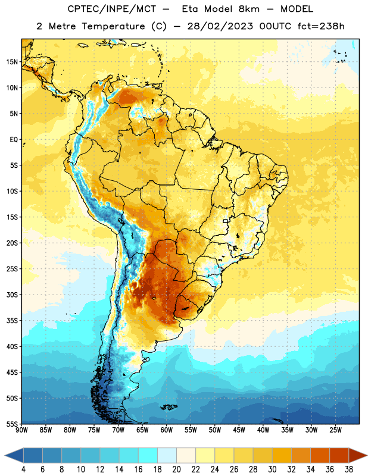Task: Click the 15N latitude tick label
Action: click(12, 62)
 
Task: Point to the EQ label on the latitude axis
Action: click(14, 140)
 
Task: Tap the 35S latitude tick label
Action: click(12, 321)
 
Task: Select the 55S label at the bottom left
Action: click(12, 424)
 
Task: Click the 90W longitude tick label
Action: click(21, 430)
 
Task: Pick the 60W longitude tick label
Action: click(167, 430)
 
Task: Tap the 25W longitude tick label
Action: click(335, 430)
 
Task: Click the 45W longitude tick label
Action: click(239, 430)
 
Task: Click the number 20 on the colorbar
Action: click(176, 469)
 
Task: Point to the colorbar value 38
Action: click(348, 469)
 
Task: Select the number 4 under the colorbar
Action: click(23, 469)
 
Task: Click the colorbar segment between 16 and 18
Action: click(148, 455)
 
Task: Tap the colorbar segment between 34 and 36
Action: click(320, 455)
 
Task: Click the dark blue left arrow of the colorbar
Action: click(14, 455)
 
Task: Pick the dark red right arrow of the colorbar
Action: click(358, 455)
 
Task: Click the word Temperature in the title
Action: click(113, 26)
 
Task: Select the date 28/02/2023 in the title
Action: click(220, 26)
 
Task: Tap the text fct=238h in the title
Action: click(321, 26)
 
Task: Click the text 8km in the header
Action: click(249, 9)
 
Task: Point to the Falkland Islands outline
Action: click(169, 407)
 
